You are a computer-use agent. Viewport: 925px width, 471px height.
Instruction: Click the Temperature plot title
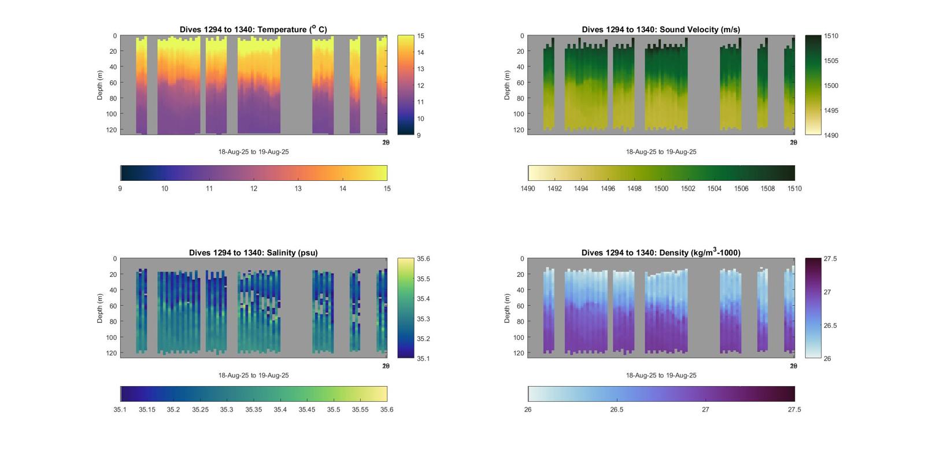(x=253, y=29)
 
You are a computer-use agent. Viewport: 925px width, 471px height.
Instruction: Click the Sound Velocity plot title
(x=661, y=29)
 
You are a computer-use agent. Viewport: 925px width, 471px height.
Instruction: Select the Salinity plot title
(x=253, y=253)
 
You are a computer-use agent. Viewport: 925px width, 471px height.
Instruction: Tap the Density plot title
(x=661, y=253)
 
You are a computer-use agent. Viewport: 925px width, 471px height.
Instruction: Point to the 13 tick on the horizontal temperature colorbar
(x=298, y=188)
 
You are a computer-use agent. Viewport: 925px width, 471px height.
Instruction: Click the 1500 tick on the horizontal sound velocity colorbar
(x=661, y=188)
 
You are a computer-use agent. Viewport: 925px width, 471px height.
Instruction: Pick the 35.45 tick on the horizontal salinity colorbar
(x=307, y=410)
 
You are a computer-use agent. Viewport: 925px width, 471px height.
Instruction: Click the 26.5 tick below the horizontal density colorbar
(x=617, y=410)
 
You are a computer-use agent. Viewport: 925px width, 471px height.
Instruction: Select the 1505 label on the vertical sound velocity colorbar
(x=831, y=61)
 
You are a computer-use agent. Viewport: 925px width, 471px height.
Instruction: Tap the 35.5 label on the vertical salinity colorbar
(x=423, y=279)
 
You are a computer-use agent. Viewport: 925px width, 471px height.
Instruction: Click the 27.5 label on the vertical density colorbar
(x=830, y=259)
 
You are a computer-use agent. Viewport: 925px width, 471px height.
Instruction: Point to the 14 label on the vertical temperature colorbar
(x=420, y=53)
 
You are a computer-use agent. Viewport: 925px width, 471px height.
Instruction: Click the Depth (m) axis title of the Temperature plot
(x=100, y=85)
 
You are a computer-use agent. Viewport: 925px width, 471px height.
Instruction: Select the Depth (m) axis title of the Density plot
(x=507, y=308)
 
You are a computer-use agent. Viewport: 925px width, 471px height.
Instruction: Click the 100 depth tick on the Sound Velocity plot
(x=519, y=114)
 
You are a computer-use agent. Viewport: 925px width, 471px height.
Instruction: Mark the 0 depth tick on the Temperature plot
(x=115, y=36)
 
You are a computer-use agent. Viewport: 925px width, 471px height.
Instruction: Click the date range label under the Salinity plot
(x=253, y=376)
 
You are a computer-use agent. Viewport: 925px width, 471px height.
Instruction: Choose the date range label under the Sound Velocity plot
(x=661, y=152)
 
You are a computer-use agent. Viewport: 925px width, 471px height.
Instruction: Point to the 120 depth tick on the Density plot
(x=519, y=353)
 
